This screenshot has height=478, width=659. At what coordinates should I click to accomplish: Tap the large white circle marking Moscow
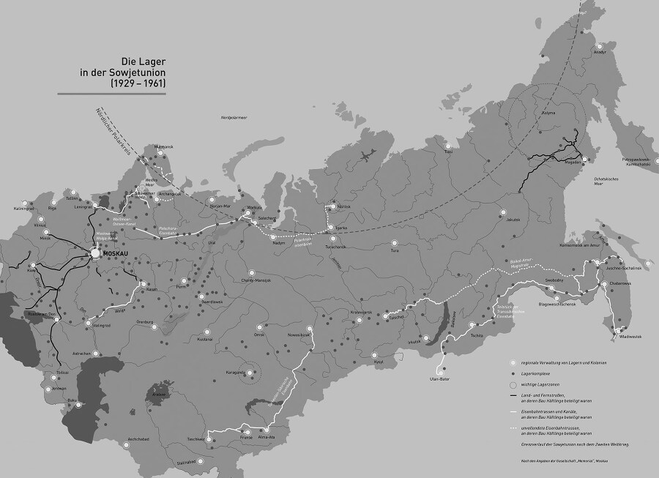click(95, 253)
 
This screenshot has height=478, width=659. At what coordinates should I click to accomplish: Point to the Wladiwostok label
click(628, 336)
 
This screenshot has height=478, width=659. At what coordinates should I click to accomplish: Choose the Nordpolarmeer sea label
click(234, 117)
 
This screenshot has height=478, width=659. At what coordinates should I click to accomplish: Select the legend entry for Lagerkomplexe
click(537, 373)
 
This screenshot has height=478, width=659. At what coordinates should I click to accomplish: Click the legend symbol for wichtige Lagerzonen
click(513, 384)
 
